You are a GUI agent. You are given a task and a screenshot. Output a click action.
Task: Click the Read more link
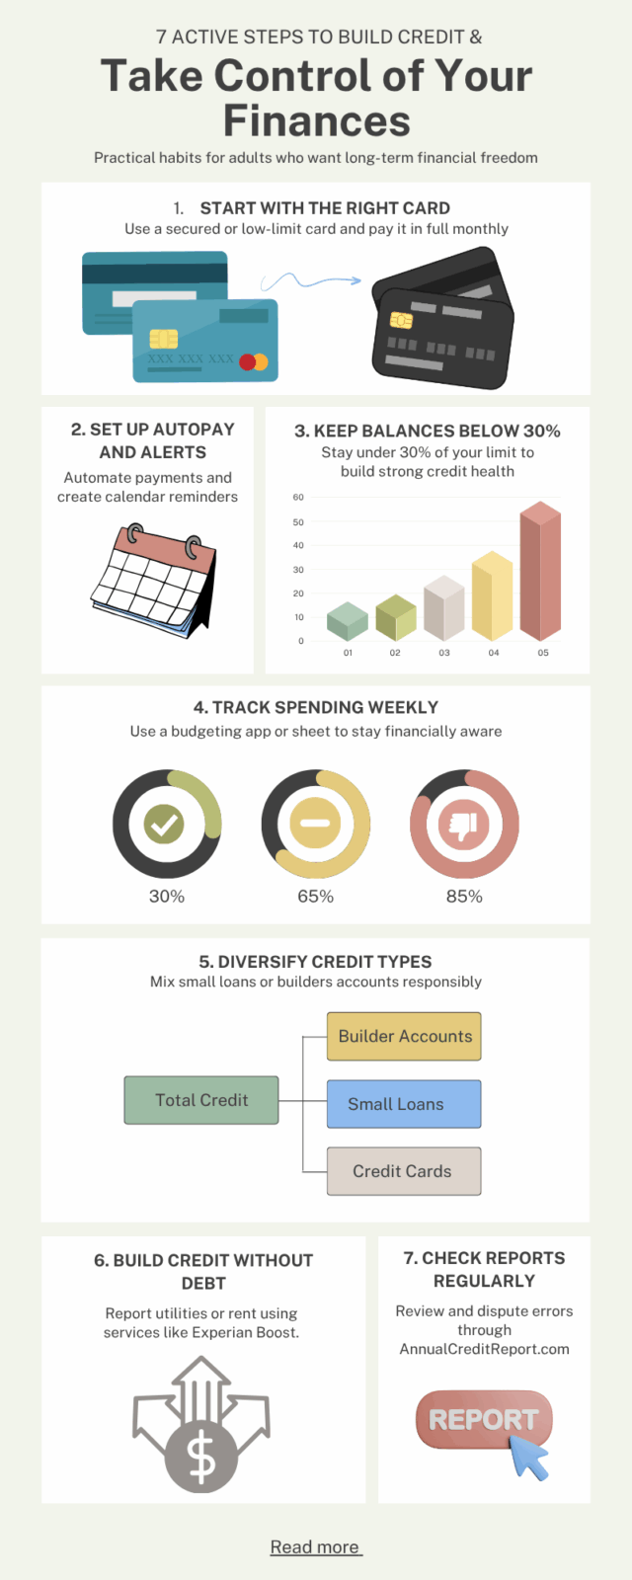(x=316, y=1547)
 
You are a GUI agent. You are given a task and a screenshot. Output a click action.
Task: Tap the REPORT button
(x=484, y=1420)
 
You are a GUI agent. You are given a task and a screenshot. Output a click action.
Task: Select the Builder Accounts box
(x=404, y=1036)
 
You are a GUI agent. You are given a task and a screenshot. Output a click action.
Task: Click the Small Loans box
(x=404, y=1104)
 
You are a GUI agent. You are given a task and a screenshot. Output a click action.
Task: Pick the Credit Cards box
(x=404, y=1171)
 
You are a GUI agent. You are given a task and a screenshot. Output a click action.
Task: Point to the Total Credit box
(x=201, y=1100)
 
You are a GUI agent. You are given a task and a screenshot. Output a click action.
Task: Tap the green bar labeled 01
(x=347, y=621)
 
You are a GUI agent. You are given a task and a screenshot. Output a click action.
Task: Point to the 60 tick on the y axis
(x=298, y=498)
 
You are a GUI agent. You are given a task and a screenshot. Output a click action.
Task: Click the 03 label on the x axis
(x=444, y=653)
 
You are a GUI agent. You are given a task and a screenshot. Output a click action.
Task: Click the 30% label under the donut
(x=167, y=897)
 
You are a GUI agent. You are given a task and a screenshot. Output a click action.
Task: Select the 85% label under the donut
(x=464, y=897)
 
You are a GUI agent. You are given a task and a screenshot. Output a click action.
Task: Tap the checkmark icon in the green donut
(x=165, y=824)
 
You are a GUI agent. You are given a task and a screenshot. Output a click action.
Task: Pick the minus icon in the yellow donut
(x=315, y=824)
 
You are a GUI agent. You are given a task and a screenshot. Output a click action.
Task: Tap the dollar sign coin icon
(x=200, y=1456)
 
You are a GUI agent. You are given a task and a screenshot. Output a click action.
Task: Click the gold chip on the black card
(x=401, y=320)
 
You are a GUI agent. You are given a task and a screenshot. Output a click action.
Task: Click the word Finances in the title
(x=316, y=121)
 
